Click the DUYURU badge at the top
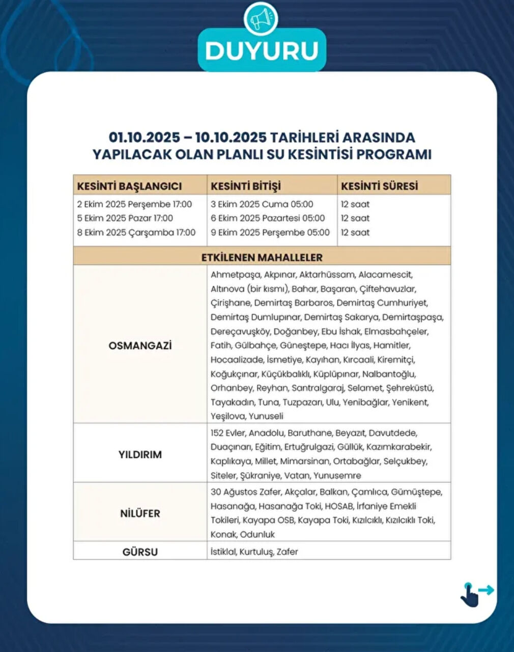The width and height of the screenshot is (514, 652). (x=262, y=50)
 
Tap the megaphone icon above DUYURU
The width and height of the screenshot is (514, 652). (x=262, y=19)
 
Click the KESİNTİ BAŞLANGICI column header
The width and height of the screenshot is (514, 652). (x=129, y=186)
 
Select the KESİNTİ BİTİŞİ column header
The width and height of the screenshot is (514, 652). (x=246, y=186)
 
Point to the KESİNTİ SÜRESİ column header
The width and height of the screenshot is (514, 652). (x=379, y=186)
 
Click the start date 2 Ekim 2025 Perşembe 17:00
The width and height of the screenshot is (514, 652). (x=134, y=204)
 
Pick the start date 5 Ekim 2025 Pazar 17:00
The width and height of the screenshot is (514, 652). (x=125, y=218)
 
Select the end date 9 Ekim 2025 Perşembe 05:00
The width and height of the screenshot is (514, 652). (x=270, y=232)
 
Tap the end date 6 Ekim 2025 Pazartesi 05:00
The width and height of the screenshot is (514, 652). (x=268, y=218)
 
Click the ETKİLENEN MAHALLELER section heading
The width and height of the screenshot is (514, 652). (x=262, y=257)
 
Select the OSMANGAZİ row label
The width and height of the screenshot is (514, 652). (x=140, y=346)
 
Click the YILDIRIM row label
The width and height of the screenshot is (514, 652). (x=140, y=454)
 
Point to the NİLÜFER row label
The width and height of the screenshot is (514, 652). (x=140, y=513)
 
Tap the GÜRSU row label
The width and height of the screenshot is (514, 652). (x=140, y=552)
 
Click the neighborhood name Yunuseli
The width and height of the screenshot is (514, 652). (x=266, y=416)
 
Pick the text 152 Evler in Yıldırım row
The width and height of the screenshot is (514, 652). (x=227, y=433)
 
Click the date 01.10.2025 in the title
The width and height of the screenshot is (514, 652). (x=144, y=138)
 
